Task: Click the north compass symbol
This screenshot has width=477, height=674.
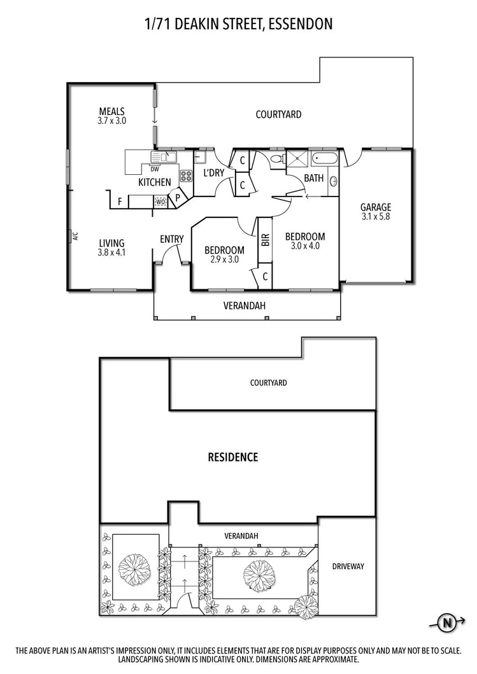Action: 450,622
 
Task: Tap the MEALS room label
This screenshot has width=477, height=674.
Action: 111,111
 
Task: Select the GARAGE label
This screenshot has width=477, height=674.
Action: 376,207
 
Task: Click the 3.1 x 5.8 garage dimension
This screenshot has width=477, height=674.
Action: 376,217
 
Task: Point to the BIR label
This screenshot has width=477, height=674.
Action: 266,240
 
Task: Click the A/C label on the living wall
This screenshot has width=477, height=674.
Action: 75,237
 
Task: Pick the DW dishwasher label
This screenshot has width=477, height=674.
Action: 155,169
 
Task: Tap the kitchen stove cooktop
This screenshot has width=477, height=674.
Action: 186,175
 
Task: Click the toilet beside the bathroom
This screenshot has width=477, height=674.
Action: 276,159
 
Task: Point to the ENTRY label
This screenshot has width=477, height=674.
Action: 172,239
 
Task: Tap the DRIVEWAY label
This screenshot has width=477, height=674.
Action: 348,566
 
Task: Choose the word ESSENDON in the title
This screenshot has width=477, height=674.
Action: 300,25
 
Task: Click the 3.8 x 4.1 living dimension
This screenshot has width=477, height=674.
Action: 111,252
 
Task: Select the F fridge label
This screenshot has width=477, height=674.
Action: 119,202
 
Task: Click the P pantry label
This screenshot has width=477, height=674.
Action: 178,198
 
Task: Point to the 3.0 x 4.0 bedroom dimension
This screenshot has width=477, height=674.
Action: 304,246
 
